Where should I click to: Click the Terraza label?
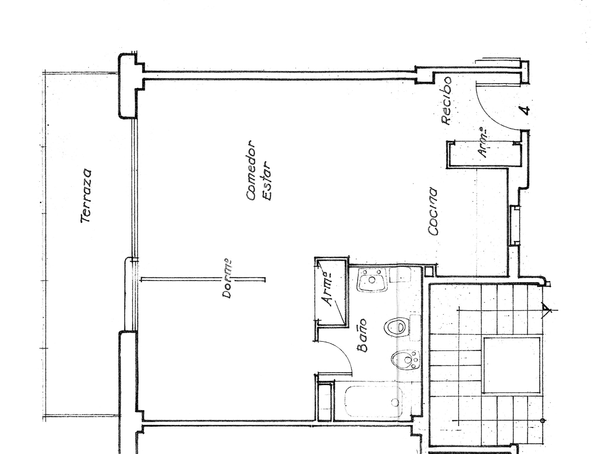[x=86, y=196]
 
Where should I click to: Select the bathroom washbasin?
[x=372, y=280]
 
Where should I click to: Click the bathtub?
[x=374, y=402]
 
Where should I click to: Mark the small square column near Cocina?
[x=428, y=271]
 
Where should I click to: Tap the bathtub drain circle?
[x=395, y=402]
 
